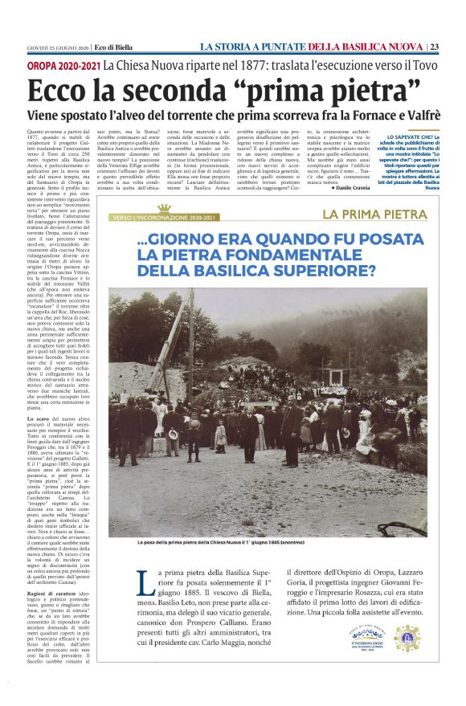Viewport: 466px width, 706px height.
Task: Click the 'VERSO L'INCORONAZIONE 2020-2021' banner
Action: tap(165, 218)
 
